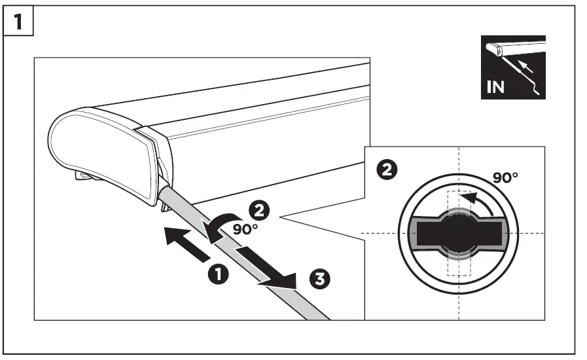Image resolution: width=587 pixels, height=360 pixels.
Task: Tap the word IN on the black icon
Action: point(496,87)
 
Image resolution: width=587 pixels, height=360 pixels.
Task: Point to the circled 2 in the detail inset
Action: point(388,170)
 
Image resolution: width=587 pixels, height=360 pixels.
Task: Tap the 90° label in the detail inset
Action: point(505,178)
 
